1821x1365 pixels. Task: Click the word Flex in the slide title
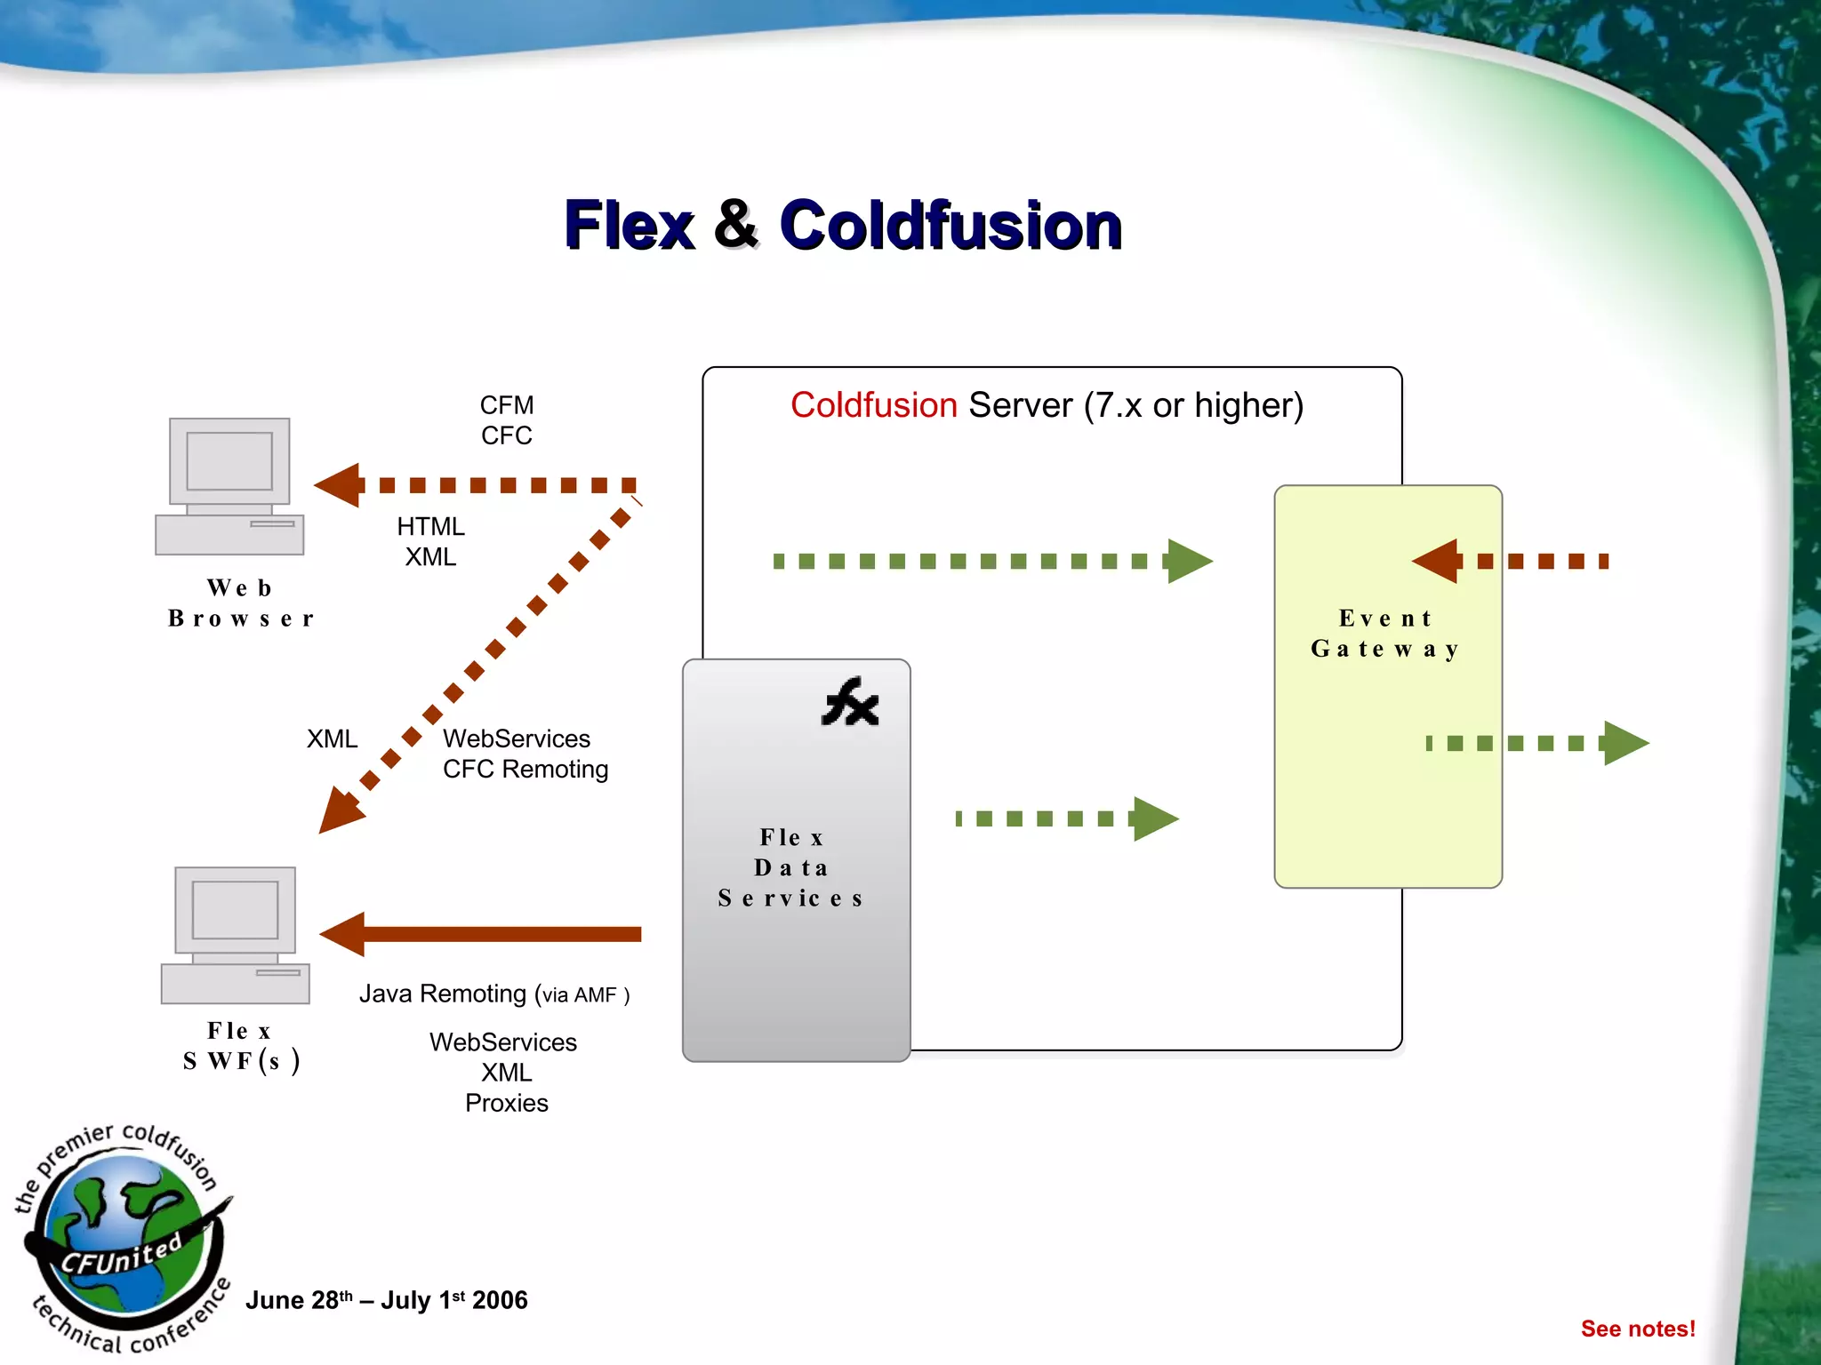pyautogui.click(x=630, y=225)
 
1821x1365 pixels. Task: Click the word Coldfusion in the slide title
pyautogui.click(x=950, y=225)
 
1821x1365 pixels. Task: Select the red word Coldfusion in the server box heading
pyautogui.click(x=873, y=405)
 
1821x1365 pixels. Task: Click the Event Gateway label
pyautogui.click(x=1385, y=633)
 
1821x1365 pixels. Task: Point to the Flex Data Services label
pyautogui.click(x=791, y=867)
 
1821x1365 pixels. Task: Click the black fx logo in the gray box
pyautogui.click(x=850, y=703)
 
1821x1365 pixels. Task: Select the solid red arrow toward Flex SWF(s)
pyautogui.click(x=480, y=934)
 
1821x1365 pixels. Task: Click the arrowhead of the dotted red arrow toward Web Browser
pyautogui.click(x=340, y=485)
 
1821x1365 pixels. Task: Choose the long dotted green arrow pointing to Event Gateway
pyautogui.click(x=991, y=561)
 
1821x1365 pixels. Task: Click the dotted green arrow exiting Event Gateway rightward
pyautogui.click(x=1538, y=743)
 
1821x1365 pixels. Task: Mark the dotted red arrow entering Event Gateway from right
pyautogui.click(x=1512, y=561)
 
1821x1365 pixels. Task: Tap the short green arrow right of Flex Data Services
pyautogui.click(x=1067, y=818)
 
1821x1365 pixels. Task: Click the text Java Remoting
pyautogui.click(x=442, y=994)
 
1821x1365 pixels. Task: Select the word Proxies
pyautogui.click(x=506, y=1103)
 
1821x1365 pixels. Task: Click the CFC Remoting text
pyautogui.click(x=525, y=769)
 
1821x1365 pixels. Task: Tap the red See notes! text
pyautogui.click(x=1637, y=1329)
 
